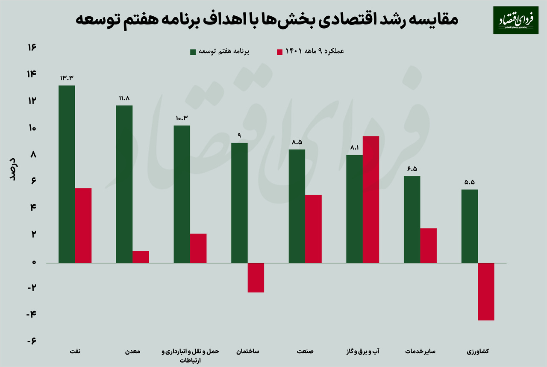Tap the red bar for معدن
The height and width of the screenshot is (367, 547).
click(141, 257)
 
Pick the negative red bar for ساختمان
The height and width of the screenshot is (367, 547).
click(256, 278)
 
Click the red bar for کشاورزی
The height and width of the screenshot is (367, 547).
click(486, 291)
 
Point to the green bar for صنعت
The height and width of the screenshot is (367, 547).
click(297, 206)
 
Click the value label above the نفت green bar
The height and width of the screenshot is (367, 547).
click(67, 78)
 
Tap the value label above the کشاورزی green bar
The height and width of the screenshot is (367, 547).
click(470, 181)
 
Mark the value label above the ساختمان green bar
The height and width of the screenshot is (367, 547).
click(239, 135)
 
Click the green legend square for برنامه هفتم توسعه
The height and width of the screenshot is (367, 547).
click(193, 52)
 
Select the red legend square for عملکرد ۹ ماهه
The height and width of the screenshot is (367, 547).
click(280, 52)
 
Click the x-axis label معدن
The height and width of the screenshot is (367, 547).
click(132, 352)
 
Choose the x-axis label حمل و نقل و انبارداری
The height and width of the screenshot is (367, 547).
click(190, 352)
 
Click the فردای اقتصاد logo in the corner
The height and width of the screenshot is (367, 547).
click(515, 20)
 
